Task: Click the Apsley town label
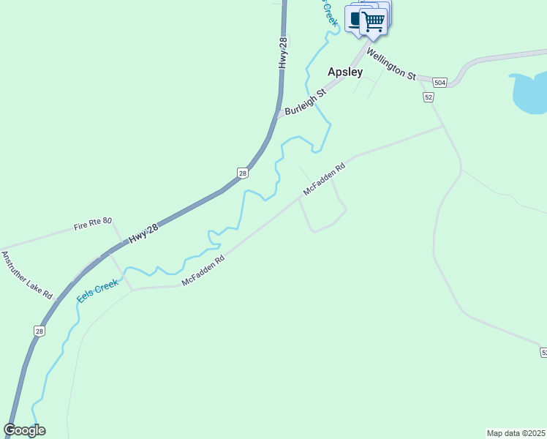click(x=344, y=72)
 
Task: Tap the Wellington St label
click(x=391, y=64)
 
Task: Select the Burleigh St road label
click(x=304, y=103)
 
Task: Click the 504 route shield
click(x=440, y=82)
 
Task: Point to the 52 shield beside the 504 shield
click(x=429, y=97)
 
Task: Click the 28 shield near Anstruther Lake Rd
click(x=39, y=331)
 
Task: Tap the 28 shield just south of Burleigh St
click(x=243, y=173)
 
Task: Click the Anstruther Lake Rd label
click(x=27, y=275)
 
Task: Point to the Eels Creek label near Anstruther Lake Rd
click(x=97, y=289)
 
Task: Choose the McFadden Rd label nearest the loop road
click(x=323, y=179)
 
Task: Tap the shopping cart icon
click(x=374, y=20)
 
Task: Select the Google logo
click(x=25, y=430)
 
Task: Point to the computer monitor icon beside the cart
click(x=356, y=19)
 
